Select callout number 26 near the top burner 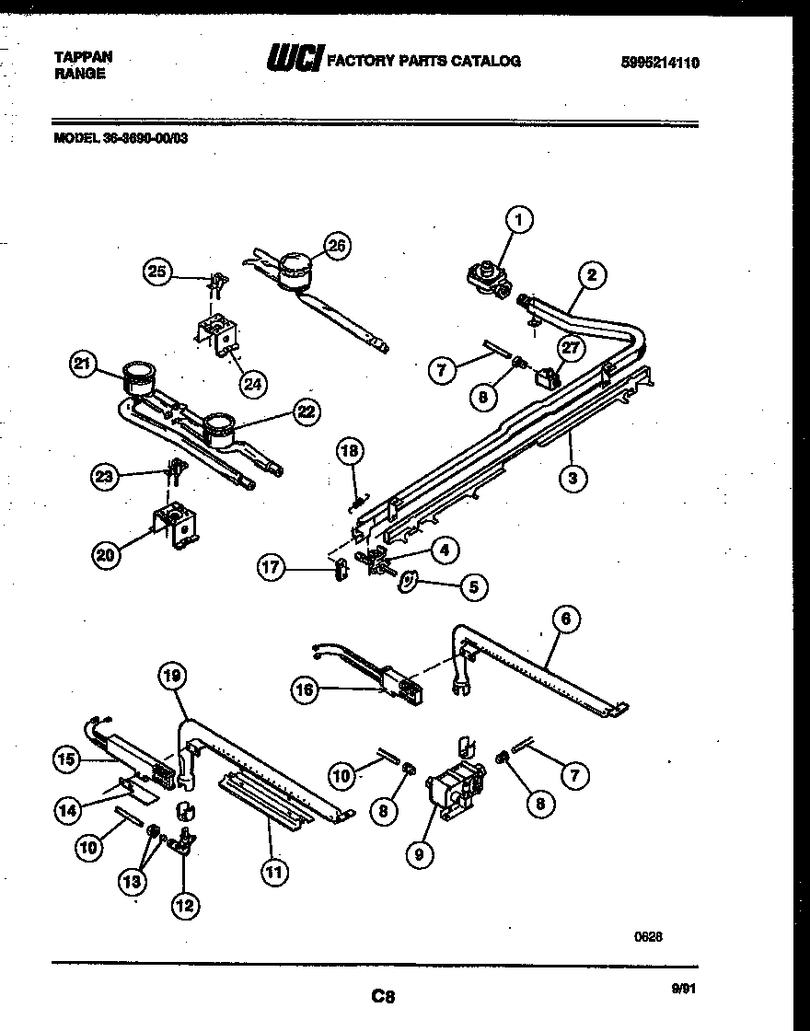(x=337, y=246)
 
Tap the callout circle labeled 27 (x=572, y=347)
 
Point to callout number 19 (x=173, y=677)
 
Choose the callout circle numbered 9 (x=419, y=854)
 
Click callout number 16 (x=307, y=688)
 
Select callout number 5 (x=473, y=585)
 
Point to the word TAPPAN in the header (x=84, y=56)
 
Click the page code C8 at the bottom (x=383, y=995)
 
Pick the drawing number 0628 (x=648, y=937)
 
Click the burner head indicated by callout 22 (x=219, y=425)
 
